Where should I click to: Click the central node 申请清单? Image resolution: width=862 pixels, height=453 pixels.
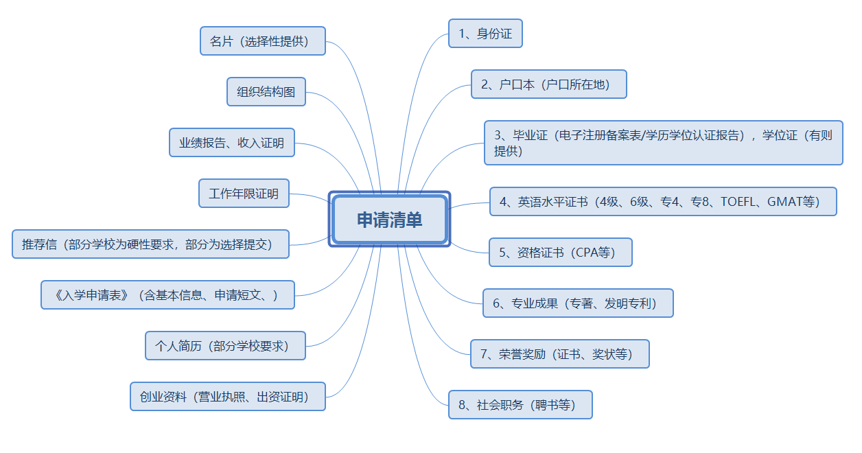389,220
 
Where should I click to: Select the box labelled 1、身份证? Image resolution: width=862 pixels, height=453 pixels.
485,34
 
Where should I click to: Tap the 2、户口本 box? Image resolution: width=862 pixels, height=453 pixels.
548,84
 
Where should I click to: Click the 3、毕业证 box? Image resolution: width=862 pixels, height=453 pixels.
663,143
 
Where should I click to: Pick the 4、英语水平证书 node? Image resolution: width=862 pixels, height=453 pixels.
662,202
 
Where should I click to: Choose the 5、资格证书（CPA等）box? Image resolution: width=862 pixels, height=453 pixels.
560,253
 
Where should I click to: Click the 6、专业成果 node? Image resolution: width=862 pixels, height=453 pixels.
578,303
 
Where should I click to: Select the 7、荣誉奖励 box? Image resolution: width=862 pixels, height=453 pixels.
559,354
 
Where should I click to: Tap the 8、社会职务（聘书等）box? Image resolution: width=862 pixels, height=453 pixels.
520,405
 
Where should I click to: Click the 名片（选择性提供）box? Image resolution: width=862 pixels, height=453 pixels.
262,41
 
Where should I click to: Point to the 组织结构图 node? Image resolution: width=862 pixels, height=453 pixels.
266,92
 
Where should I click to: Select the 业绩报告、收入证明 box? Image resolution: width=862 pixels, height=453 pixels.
231,143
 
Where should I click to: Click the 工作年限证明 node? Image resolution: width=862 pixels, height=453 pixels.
244,194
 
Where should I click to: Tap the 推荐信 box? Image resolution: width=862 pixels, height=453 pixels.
150,244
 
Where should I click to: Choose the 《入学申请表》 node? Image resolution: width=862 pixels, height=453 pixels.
167,295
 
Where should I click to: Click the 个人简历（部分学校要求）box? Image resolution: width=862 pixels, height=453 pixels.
225,346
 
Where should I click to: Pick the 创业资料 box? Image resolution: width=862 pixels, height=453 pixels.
227,397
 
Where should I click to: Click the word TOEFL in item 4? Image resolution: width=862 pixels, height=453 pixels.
739,202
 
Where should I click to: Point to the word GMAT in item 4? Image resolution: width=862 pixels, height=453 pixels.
784,202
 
